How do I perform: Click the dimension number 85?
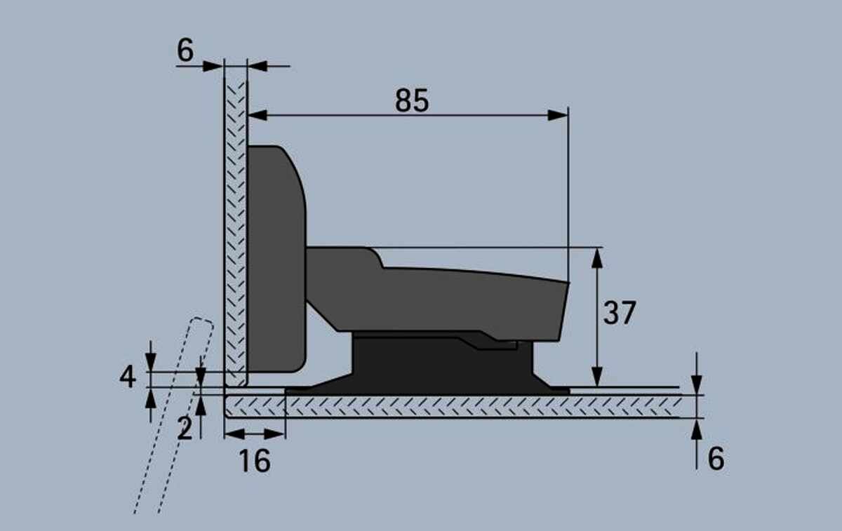[x=412, y=100]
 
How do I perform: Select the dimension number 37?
[x=620, y=313]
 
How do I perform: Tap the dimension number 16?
[x=255, y=460]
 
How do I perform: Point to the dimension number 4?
[x=128, y=377]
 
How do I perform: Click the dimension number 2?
[x=185, y=429]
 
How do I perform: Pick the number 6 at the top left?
[x=185, y=50]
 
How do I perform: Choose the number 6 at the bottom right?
[x=716, y=459]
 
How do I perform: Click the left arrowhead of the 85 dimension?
[x=258, y=115]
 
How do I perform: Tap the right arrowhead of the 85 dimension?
[x=558, y=115]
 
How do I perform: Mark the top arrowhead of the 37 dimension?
[x=597, y=258]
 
